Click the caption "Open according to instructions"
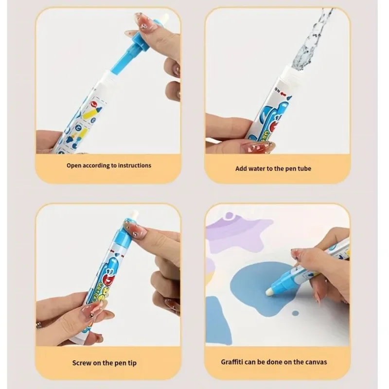[109, 165]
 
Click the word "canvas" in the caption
[314, 362]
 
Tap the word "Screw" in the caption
[83, 362]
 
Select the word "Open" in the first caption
[74, 165]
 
